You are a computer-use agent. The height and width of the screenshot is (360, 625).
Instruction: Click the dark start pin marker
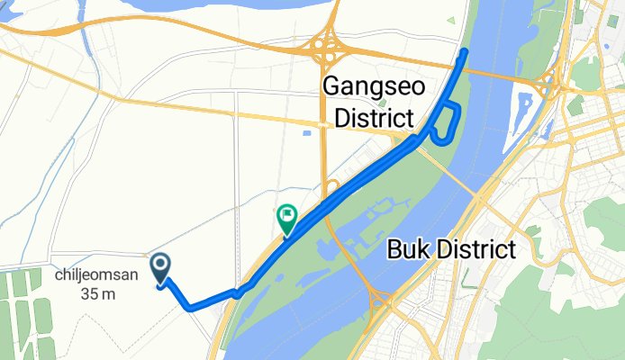click(x=161, y=267)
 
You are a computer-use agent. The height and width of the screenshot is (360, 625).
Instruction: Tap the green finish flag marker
click(x=286, y=217)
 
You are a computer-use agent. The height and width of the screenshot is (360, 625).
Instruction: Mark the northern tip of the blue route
click(x=465, y=51)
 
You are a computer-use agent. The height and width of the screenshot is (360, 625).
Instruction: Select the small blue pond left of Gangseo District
click(x=306, y=133)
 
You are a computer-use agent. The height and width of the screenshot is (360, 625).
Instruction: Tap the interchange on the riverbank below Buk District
click(x=379, y=298)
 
